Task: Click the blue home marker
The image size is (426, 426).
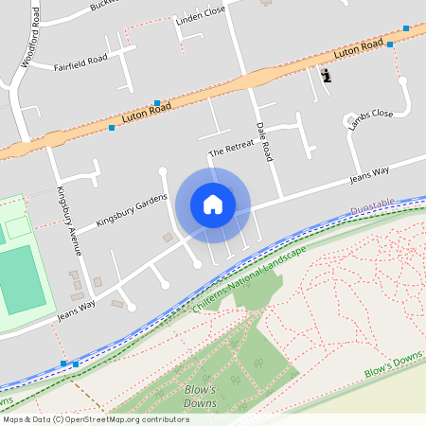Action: click(213, 204)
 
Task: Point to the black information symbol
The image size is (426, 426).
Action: click(327, 75)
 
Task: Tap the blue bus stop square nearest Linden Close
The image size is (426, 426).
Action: click(156, 102)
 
